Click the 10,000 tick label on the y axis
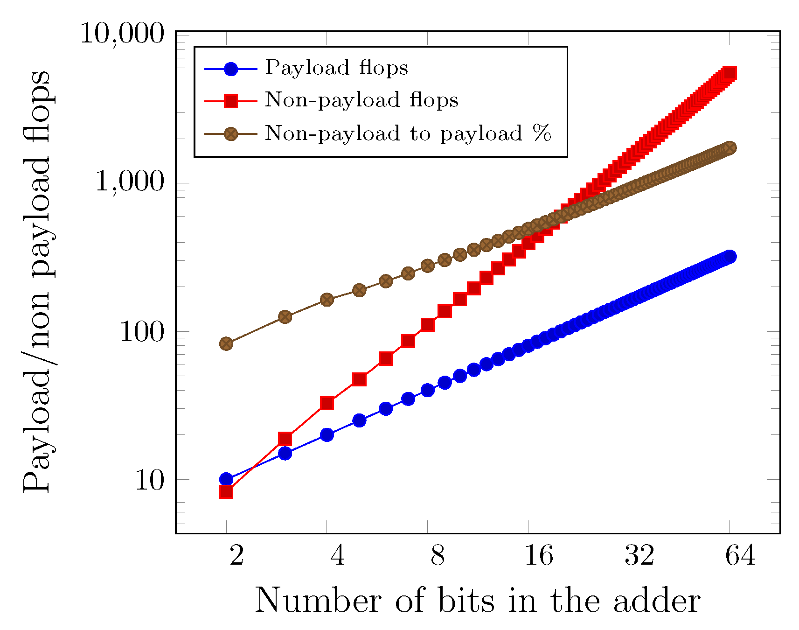pos(123,35)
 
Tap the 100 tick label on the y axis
pos(142,332)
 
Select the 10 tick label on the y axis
pos(150,480)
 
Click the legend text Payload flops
pos(336,68)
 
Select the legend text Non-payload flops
pos(361,100)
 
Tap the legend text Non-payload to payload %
pos(408,133)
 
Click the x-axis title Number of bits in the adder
pos(477,601)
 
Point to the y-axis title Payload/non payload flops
pos(36,282)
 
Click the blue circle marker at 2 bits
pos(226,479)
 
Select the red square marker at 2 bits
pos(226,492)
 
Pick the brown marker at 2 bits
pos(226,343)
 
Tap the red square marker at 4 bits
pos(327,403)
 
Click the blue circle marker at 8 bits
pos(428,390)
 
